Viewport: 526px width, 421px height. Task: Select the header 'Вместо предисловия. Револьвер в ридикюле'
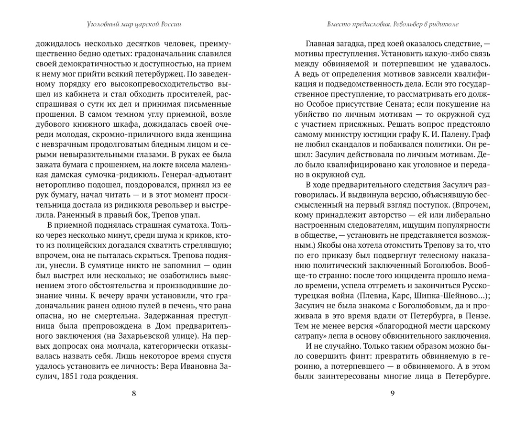click(x=392, y=23)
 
